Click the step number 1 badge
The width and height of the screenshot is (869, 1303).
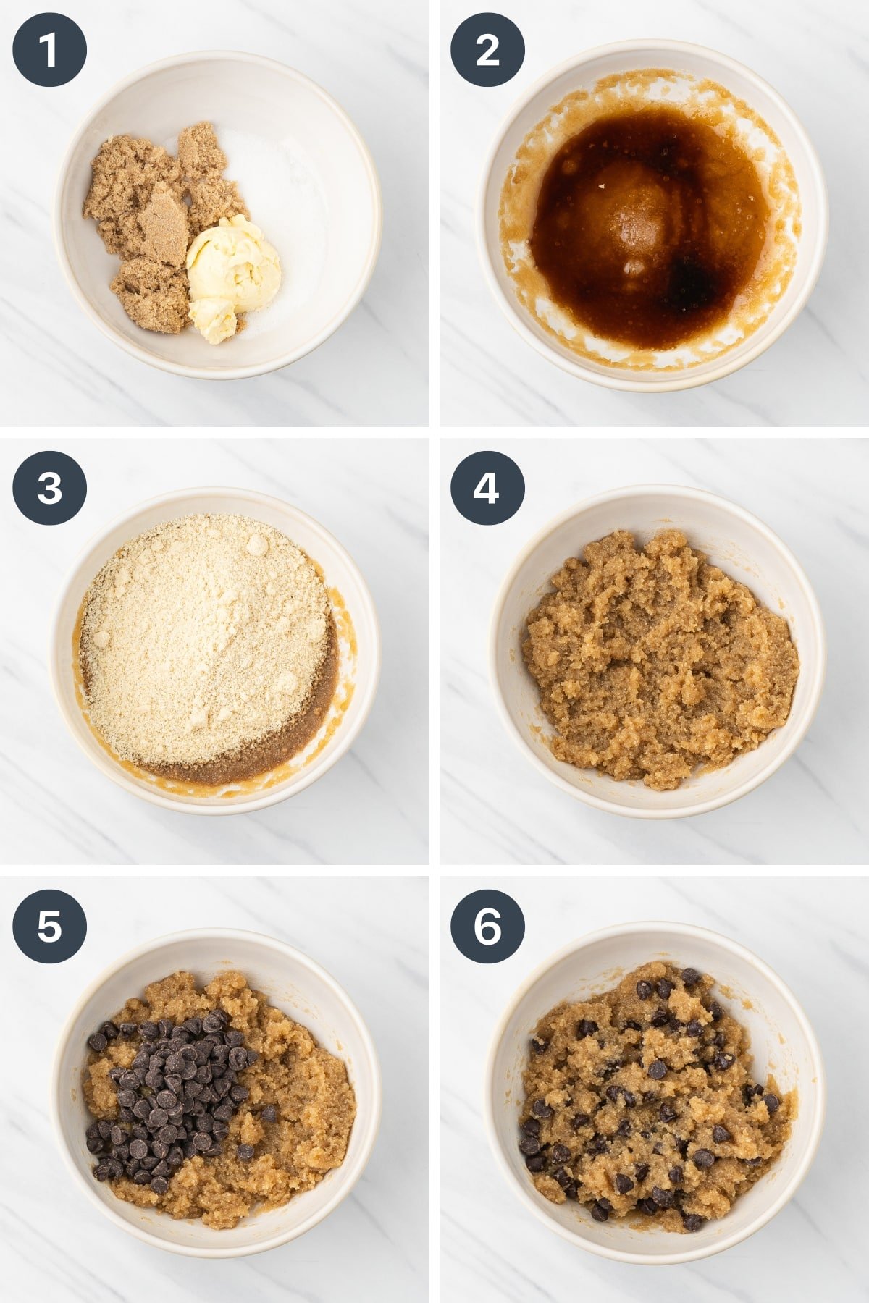coord(49,50)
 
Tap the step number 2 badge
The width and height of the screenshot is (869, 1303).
coord(487,50)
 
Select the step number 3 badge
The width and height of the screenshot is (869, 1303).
coord(49,488)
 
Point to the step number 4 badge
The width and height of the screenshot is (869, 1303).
coord(487,488)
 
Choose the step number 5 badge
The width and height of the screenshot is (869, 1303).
coord(49,926)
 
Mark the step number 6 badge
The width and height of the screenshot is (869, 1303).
coord(487,926)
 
